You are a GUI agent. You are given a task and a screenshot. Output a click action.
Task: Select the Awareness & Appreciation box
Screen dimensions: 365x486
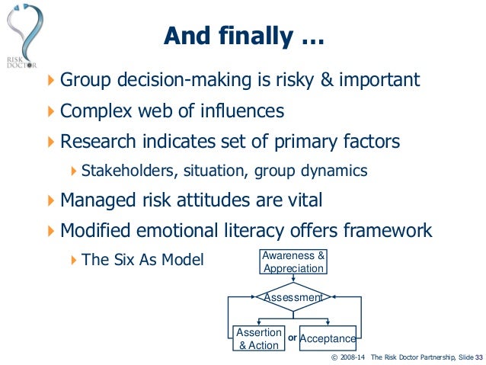click(293, 261)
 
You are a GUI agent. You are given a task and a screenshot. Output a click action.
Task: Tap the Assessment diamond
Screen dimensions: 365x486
click(293, 297)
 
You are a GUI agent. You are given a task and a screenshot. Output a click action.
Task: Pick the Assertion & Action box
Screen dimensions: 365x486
click(258, 339)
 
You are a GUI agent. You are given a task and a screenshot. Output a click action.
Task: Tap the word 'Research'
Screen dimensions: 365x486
click(98, 141)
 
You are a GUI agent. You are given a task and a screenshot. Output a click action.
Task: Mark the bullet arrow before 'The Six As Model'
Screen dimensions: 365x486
click(73, 260)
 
